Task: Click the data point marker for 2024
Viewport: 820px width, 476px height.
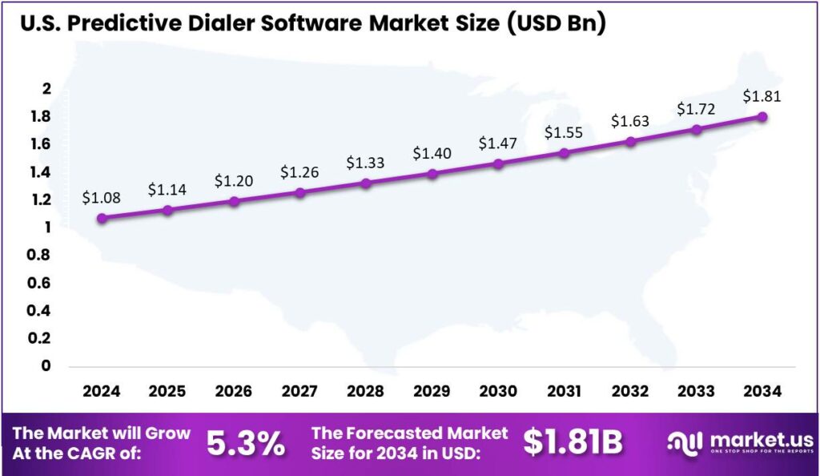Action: [101, 218]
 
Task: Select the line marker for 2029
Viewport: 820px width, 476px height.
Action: [432, 173]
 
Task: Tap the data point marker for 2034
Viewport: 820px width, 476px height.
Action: [762, 116]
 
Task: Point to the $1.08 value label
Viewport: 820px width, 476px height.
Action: [101, 196]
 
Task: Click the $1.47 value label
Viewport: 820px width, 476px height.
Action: [498, 143]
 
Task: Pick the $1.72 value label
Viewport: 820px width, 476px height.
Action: [696, 107]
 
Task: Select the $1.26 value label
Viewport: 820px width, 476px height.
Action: [299, 171]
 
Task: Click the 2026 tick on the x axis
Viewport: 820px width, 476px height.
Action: [233, 392]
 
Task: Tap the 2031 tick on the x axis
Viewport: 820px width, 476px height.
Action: [564, 392]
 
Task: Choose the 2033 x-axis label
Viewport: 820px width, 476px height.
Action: [696, 392]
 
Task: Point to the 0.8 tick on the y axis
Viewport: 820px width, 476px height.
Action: [40, 255]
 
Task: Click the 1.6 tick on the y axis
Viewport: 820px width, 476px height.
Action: [40, 144]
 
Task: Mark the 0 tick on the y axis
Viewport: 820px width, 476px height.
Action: [46, 365]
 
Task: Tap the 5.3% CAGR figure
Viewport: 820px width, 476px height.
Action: [246, 443]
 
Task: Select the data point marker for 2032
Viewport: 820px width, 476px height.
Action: [630, 142]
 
